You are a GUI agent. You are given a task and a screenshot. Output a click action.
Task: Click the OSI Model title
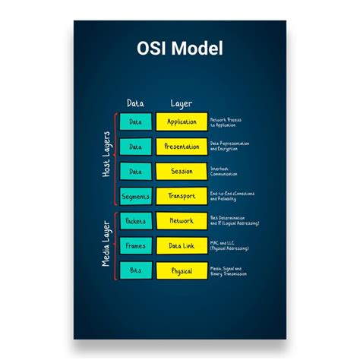179,49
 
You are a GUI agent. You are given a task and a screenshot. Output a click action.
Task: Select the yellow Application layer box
182,122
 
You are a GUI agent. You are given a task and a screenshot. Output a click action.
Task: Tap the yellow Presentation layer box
182,147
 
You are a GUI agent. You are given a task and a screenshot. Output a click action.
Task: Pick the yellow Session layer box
182,172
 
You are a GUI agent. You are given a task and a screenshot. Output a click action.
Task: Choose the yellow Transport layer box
182,197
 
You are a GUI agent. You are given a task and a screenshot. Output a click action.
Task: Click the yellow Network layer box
182,221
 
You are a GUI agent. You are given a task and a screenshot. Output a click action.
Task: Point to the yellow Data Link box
182,246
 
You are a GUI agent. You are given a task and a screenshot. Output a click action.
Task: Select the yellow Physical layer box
182,271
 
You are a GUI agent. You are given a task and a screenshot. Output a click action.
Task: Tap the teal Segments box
135,197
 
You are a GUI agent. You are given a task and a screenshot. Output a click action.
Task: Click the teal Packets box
135,221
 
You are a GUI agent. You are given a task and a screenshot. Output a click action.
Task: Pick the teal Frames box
135,246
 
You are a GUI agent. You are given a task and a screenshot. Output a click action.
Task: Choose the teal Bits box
135,271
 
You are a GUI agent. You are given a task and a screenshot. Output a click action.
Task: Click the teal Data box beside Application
135,122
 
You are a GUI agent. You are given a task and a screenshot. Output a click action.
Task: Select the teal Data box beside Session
135,172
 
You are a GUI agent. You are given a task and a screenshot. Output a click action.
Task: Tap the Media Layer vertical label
107,246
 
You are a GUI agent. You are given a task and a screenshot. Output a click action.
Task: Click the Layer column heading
182,103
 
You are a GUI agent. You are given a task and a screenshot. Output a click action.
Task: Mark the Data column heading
135,103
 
